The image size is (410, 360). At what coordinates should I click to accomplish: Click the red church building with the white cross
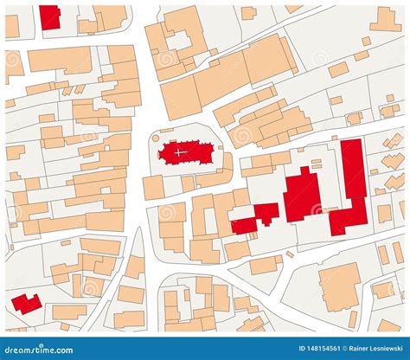click(186, 153)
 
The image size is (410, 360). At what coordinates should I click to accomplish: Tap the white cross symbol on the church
click(179, 152)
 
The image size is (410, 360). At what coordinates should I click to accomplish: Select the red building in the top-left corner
click(50, 16)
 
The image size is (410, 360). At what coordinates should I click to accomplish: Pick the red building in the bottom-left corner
click(26, 304)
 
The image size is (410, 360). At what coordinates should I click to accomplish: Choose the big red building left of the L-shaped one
click(302, 195)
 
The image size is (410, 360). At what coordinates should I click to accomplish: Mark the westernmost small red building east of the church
click(244, 225)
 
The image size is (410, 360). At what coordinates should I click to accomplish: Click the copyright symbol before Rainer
click(328, 350)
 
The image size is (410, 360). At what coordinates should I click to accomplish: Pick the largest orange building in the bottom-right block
click(339, 286)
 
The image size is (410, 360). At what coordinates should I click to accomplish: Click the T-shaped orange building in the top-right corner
click(386, 18)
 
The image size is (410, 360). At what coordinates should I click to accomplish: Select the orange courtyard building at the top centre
click(177, 38)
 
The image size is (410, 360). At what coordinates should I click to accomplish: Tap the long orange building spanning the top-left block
click(60, 60)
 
